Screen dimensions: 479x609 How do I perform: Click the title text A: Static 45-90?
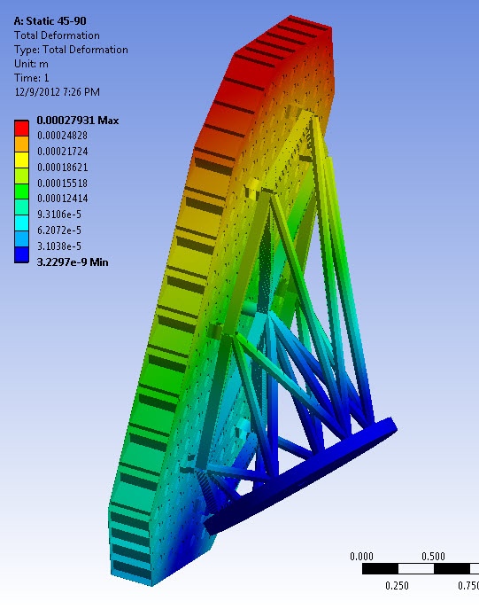[x=50, y=21]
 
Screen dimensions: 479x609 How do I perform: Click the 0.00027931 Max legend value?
[x=78, y=121]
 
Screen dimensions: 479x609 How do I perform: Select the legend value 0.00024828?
[x=63, y=136]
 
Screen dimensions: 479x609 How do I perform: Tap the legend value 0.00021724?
[x=63, y=152]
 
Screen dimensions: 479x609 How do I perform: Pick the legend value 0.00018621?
[x=63, y=168]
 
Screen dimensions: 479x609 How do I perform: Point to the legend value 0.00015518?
[x=63, y=183]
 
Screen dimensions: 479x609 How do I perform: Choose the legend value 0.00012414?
[x=63, y=199]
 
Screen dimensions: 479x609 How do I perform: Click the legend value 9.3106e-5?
[x=59, y=215]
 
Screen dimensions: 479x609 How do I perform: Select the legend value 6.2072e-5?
[x=59, y=230]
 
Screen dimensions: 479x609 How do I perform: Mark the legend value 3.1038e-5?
[x=59, y=246]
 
